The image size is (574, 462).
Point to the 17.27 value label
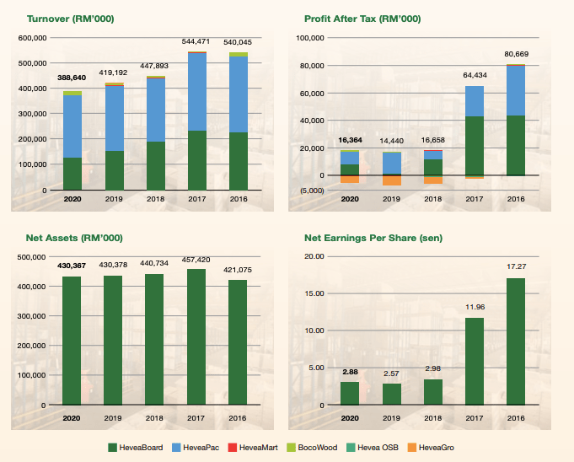(x=515, y=266)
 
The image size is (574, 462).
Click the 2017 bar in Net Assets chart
(x=196, y=337)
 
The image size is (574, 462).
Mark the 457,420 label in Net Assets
(x=196, y=260)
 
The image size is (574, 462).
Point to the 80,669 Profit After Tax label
(x=515, y=54)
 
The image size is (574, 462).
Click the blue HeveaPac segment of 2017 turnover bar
(x=196, y=92)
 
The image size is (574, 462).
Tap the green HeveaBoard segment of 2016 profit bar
(x=515, y=145)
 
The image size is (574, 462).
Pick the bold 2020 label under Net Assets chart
(x=72, y=417)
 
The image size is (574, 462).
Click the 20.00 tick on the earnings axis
(x=312, y=255)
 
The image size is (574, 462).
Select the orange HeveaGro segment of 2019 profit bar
(x=391, y=180)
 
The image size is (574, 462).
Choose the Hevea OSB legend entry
(x=372, y=447)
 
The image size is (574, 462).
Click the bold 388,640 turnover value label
(x=72, y=78)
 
